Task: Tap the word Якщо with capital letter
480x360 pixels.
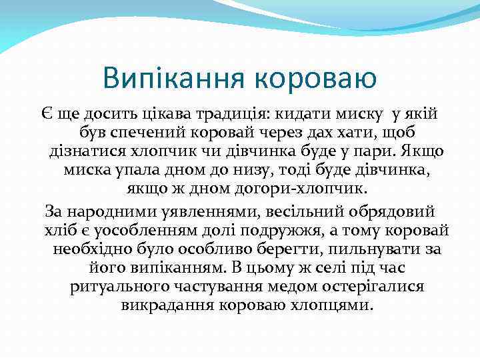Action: pos(421,152)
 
